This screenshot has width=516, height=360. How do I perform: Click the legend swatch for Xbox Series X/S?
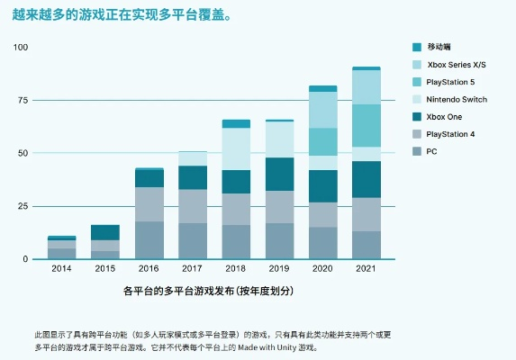coord(417,64)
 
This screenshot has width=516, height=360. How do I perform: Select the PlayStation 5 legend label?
coord(453,82)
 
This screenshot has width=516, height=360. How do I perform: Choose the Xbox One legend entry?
coord(445,116)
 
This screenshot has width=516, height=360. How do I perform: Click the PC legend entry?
coord(432,150)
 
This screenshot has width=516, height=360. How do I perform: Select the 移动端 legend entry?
coord(440,47)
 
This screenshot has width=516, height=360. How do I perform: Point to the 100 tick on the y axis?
coord(21,47)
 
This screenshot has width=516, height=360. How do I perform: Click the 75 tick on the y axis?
coord(23,100)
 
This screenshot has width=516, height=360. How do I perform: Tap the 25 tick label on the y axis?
coord(23,206)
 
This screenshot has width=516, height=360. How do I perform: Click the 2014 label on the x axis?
coord(61,268)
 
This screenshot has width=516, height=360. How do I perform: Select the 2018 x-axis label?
coord(236,268)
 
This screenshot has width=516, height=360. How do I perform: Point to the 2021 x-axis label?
coord(366,268)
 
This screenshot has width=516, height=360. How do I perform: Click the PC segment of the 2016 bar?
coord(149,239)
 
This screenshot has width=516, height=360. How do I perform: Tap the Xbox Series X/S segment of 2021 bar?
coord(366,87)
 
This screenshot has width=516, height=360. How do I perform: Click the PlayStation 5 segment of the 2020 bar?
coord(322,141)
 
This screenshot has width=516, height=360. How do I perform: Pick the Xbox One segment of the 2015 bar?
coord(105,232)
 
